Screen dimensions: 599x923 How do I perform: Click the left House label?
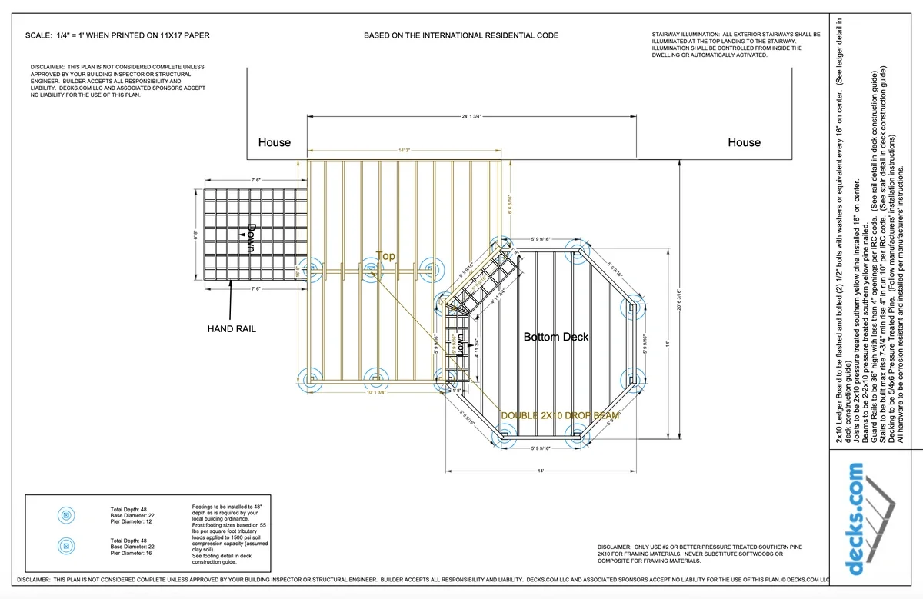pyautogui.click(x=275, y=142)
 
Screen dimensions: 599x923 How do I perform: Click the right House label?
pyautogui.click(x=744, y=142)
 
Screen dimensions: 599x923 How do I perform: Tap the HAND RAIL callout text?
pyautogui.click(x=232, y=329)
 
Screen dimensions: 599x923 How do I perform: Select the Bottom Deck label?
pyautogui.click(x=556, y=337)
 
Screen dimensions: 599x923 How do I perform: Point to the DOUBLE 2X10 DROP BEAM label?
pyautogui.click(x=561, y=415)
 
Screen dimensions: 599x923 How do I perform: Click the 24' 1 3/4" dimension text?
pyautogui.click(x=471, y=116)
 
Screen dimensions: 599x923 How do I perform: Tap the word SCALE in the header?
pyautogui.click(x=38, y=36)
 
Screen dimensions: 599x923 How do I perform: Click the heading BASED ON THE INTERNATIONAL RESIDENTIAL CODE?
pyautogui.click(x=461, y=36)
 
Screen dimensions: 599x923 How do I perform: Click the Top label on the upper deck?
pyautogui.click(x=385, y=256)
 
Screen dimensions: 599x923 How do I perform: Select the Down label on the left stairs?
pyautogui.click(x=250, y=238)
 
